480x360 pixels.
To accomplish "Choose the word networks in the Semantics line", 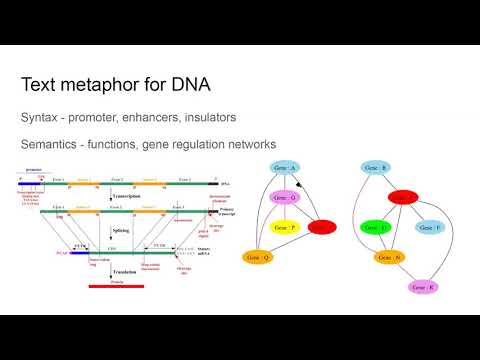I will coord(241,145).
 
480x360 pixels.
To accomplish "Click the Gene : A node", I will coord(287,167).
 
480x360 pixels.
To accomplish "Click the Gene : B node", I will coord(377,167).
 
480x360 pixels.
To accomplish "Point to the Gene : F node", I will coord(429,228).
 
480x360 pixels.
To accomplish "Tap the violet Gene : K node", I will coord(426,287).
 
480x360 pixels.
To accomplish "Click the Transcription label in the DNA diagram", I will coord(129,197).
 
